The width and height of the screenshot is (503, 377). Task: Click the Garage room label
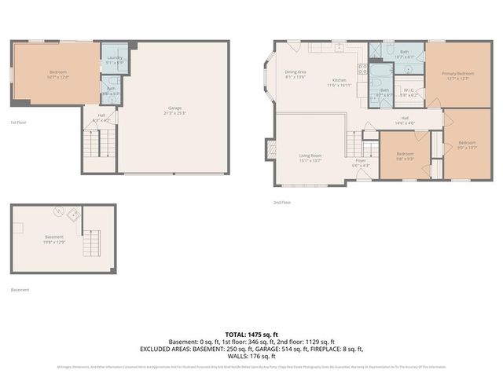(175, 111)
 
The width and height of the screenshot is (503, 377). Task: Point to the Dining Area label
(296, 75)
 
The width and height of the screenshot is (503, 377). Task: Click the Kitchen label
(339, 82)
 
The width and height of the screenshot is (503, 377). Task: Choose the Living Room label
(310, 158)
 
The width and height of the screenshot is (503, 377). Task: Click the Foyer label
(360, 164)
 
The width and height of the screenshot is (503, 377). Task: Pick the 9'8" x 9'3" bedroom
(405, 156)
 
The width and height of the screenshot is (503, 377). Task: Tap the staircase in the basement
(92, 241)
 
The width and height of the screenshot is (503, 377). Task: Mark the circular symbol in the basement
(57, 211)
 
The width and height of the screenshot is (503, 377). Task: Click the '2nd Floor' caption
(282, 203)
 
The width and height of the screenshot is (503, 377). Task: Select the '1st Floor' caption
(18, 123)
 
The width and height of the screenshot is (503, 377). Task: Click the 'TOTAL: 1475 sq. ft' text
(251, 335)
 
